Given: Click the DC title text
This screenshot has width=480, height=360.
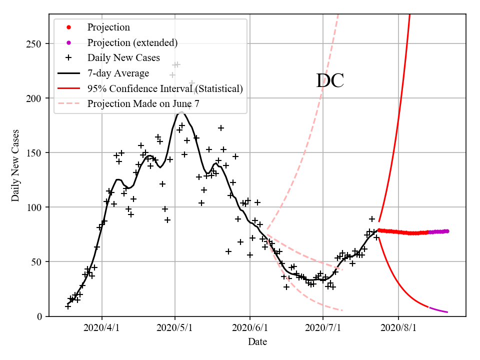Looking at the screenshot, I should (x=330, y=81).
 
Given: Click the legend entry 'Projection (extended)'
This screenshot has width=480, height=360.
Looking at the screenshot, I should (x=132, y=42).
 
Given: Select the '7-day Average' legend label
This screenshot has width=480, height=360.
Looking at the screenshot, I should (x=118, y=73).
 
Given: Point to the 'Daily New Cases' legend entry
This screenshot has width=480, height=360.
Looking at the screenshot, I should (x=123, y=58).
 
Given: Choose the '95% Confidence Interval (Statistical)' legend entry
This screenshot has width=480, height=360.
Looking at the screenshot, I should (x=165, y=88).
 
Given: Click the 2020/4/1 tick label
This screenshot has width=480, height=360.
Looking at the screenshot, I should (x=102, y=328).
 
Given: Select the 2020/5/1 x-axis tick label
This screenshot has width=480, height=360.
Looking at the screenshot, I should (x=175, y=328).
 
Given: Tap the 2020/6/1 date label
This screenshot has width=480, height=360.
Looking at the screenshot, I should (x=250, y=328).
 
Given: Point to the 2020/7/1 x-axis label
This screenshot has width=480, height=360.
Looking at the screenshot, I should (x=323, y=328).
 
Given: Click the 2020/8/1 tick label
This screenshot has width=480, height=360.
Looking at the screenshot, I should (x=398, y=328).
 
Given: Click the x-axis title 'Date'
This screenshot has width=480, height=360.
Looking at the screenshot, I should (x=257, y=342).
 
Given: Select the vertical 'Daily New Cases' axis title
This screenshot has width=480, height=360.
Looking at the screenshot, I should (x=15, y=165).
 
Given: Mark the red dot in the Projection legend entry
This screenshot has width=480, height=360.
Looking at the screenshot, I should (x=68, y=27).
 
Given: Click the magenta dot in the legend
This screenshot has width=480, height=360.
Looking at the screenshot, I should (x=68, y=42).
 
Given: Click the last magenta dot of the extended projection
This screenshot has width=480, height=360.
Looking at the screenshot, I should (x=447, y=231).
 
